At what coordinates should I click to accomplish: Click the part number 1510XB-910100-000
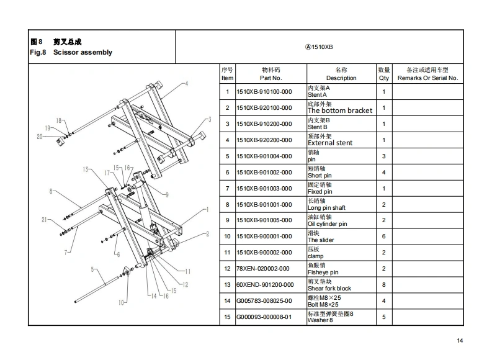(264, 92)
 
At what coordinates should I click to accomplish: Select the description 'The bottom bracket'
(340, 110)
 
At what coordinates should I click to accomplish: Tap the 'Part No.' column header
(271, 78)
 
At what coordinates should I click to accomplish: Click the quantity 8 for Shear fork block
(383, 285)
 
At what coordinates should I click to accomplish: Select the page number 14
(460, 340)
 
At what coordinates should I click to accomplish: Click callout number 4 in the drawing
(186, 84)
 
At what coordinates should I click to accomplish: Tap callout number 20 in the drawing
(39, 137)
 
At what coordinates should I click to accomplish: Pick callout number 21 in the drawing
(44, 220)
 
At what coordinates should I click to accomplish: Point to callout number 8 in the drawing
(50, 191)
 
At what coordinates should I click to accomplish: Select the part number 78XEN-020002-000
(264, 269)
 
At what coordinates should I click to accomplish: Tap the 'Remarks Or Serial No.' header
(427, 78)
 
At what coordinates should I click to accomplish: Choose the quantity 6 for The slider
(383, 236)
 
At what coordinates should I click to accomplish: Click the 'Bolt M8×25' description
(324, 305)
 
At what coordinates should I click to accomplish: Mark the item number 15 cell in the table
(227, 317)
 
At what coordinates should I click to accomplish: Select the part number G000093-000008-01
(264, 317)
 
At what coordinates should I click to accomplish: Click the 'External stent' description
(330, 143)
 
